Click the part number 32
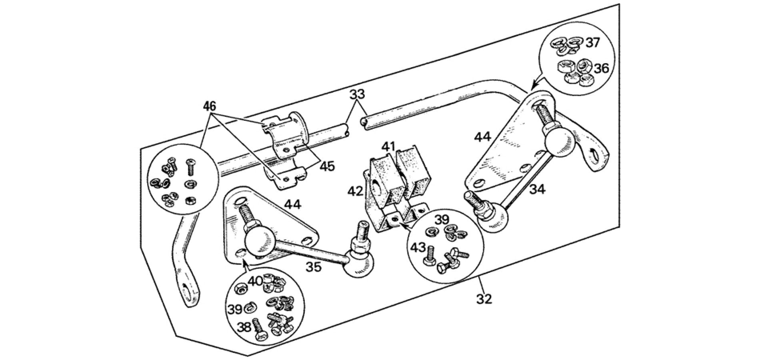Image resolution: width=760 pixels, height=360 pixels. [484, 298]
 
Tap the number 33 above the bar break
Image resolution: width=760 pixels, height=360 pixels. [357, 95]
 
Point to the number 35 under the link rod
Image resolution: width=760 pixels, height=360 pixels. [314, 267]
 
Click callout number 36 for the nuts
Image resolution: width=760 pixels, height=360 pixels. [601, 68]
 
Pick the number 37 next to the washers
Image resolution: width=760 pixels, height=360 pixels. [593, 42]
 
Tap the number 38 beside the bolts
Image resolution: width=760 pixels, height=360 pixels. [244, 327]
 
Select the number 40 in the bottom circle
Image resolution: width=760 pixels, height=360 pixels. [255, 280]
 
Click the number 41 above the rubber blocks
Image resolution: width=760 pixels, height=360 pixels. [388, 146]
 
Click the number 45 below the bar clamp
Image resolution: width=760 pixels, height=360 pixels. [327, 166]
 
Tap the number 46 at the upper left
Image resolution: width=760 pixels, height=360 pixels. [209, 106]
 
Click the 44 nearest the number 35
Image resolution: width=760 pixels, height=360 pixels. [292, 204]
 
